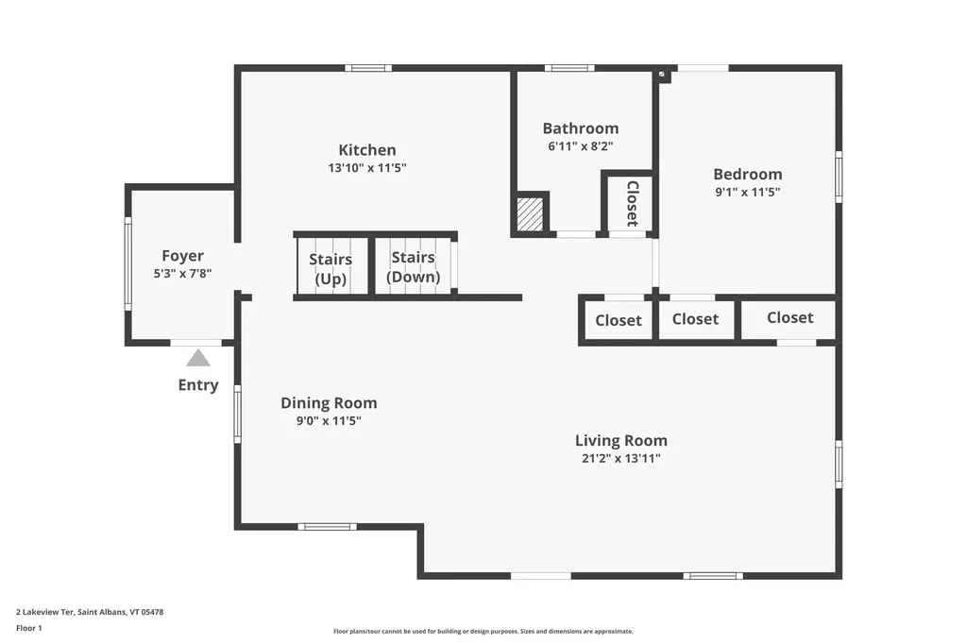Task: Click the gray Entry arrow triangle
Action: click(x=198, y=359)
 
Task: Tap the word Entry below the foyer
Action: click(x=198, y=385)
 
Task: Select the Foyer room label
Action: click(x=182, y=256)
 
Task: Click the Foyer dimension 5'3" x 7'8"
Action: click(x=182, y=274)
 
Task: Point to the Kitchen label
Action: click(x=367, y=150)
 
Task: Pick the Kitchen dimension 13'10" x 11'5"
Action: click(x=367, y=168)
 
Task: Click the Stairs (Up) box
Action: click(x=331, y=268)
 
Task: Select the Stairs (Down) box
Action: click(x=413, y=267)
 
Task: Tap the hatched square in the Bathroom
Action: click(x=531, y=212)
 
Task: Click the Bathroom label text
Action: click(x=580, y=128)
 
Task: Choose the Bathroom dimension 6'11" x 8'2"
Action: click(x=580, y=146)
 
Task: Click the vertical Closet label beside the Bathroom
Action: click(x=632, y=203)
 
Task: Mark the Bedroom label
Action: click(x=747, y=174)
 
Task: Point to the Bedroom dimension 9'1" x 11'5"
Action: click(x=747, y=192)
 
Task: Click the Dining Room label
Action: click(x=329, y=403)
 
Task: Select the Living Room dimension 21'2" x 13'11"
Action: click(x=620, y=459)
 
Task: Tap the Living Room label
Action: click(x=620, y=441)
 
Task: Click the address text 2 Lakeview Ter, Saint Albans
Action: click(x=90, y=612)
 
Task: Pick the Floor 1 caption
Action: click(x=29, y=628)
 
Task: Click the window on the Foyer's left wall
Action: click(x=127, y=264)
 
